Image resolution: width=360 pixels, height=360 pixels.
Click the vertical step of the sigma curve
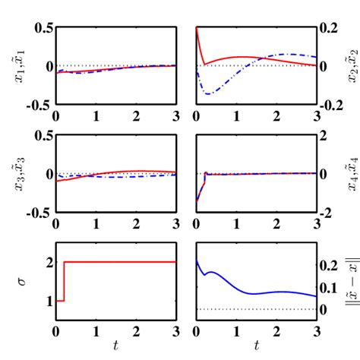64,281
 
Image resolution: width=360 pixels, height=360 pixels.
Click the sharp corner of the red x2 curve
204,65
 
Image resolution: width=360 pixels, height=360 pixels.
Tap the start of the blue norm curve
197,260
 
